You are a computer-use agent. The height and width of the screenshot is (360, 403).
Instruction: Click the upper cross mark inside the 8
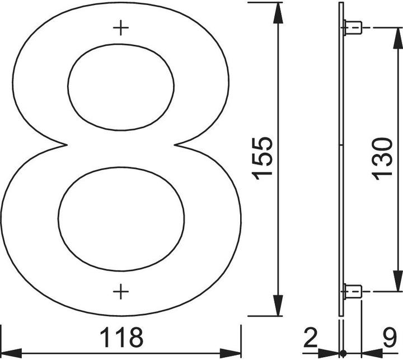(121, 27)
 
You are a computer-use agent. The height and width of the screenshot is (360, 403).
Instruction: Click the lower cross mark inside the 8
(121, 291)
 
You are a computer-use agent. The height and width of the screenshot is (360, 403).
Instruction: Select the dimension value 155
(262, 158)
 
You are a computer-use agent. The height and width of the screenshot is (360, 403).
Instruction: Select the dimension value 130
(383, 158)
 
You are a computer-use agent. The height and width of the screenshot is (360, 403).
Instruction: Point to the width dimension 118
(121, 338)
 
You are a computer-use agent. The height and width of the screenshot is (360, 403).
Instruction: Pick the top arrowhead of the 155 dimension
(275, 11)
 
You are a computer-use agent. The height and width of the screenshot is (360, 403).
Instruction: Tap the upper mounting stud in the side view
(352, 27)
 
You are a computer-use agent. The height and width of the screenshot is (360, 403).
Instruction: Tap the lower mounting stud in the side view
(352, 291)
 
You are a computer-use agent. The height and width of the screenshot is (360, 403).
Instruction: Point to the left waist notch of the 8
(66, 145)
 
